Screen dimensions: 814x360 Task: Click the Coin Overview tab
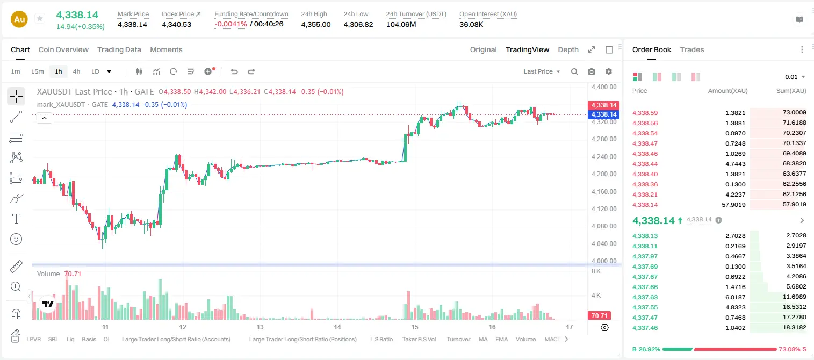click(x=63, y=49)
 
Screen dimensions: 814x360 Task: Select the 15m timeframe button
click(x=37, y=71)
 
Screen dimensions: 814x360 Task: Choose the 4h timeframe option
click(x=76, y=71)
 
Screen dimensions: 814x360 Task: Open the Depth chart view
click(x=568, y=49)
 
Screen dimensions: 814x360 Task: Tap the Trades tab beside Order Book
click(x=692, y=49)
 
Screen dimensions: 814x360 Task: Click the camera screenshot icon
click(x=592, y=71)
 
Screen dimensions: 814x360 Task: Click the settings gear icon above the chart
click(x=609, y=71)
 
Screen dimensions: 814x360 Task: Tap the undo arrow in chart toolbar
click(x=234, y=71)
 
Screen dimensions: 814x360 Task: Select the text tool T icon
click(x=16, y=219)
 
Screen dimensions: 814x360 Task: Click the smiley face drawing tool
click(x=16, y=239)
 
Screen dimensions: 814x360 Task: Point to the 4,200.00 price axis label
click(x=604, y=174)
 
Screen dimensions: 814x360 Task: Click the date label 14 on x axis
click(x=337, y=327)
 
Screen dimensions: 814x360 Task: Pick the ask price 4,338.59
click(x=645, y=113)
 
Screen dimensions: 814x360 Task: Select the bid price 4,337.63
click(x=645, y=297)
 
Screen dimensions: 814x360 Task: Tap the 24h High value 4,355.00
click(x=316, y=24)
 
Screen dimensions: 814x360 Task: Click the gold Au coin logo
click(x=19, y=19)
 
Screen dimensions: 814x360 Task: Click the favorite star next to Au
click(x=40, y=18)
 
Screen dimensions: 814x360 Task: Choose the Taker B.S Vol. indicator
click(x=419, y=339)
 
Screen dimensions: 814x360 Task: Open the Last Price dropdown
click(x=542, y=71)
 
